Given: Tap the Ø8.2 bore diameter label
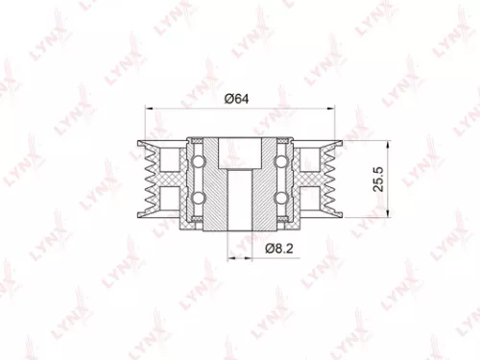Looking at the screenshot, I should pos(279,248).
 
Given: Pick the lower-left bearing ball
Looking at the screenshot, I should pos(199,199).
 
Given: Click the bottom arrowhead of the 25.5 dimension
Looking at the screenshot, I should pos(387,228).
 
